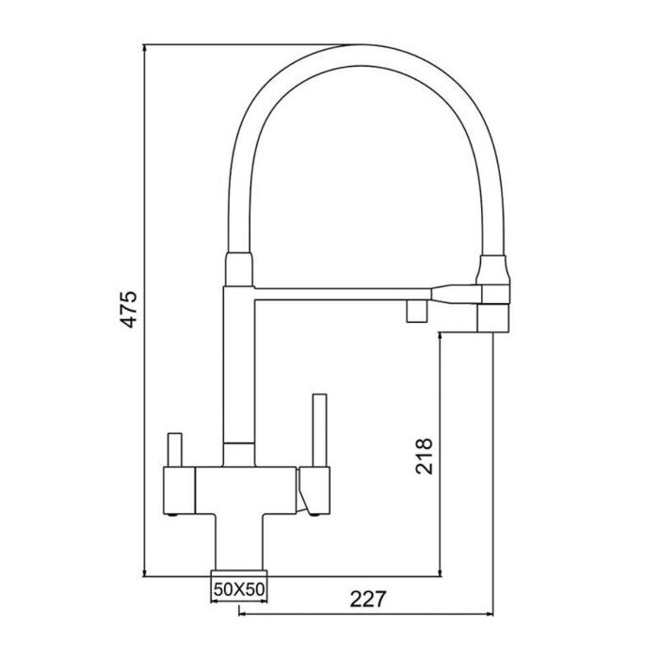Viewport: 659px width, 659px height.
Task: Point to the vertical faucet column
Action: click(x=238, y=367)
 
